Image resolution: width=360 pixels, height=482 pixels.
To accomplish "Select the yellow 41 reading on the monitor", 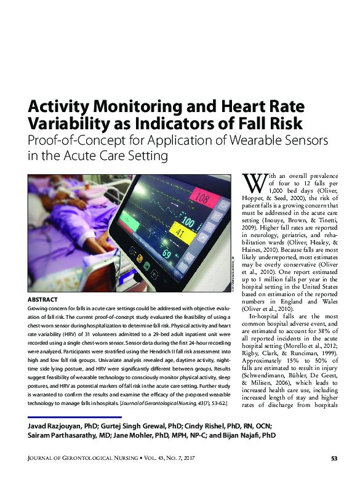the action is coord(180,233).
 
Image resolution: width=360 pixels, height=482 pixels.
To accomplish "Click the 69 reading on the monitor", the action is coord(166,253).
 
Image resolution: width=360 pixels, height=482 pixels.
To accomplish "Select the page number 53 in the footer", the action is coord(334,459).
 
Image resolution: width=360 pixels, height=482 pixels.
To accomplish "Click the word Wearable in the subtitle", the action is coord(254,140).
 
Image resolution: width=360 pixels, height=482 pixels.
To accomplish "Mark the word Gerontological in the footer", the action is coord(87,459).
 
